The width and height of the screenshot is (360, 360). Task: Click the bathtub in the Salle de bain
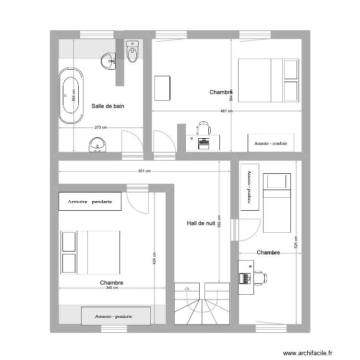[71, 96]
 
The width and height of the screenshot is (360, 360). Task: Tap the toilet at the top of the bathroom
[132, 51]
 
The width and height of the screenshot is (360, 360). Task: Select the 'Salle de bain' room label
[108, 106]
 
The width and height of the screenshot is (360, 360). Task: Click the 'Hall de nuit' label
[201, 223]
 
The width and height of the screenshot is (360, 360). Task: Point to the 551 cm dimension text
[144, 171]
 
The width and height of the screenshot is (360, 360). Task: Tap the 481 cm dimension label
[227, 111]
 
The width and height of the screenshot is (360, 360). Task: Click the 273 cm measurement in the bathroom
[101, 128]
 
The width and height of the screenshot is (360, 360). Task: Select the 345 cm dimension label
[112, 288]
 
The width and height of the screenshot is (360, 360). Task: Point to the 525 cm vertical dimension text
[296, 244]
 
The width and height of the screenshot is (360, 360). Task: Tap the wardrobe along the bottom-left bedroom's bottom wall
[115, 316]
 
